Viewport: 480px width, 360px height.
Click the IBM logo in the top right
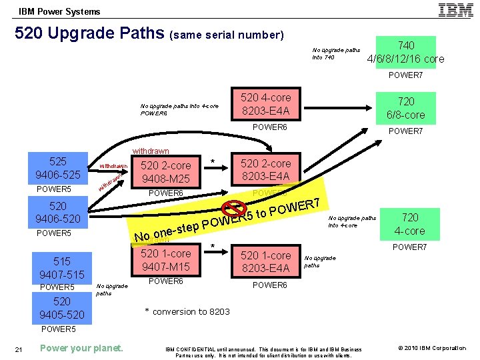456,10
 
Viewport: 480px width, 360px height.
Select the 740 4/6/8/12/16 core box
406,52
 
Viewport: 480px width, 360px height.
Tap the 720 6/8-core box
406,108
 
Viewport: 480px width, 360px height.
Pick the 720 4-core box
410,224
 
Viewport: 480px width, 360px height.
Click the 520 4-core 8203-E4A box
266,105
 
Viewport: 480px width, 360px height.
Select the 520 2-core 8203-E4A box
266,170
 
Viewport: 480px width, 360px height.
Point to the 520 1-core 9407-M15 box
165,260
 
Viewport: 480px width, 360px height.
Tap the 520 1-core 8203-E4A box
266,261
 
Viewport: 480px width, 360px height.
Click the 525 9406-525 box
58,168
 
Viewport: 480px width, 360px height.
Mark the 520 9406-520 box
58,213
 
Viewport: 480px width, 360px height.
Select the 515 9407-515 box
62,268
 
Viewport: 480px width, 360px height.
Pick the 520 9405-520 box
62,308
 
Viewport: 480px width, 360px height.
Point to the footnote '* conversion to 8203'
187,311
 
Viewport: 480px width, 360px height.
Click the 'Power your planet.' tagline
81,348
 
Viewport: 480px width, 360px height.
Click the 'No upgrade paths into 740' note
336,53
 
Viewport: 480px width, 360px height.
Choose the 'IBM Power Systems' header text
59,11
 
